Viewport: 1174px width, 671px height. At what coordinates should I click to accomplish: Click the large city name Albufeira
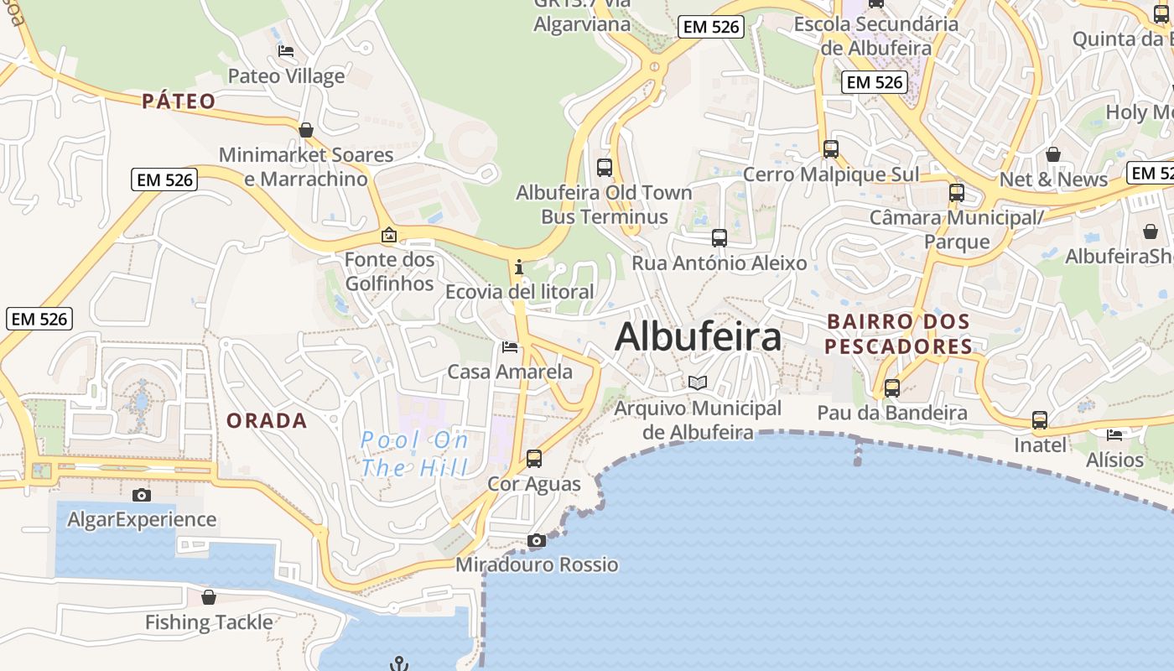(698, 337)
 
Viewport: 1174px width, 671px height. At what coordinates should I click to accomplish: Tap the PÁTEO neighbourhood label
(179, 101)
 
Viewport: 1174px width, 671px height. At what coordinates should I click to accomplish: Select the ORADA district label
(267, 421)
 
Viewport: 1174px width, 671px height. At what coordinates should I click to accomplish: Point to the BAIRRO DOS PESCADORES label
(898, 334)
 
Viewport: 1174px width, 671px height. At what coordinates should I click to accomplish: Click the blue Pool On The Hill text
(414, 454)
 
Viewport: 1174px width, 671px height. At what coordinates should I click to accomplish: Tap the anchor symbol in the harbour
(399, 663)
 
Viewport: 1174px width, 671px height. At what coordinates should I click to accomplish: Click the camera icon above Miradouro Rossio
(536, 541)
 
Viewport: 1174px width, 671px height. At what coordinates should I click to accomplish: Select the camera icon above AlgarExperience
(142, 496)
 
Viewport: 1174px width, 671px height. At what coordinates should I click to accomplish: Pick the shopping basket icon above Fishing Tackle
(209, 597)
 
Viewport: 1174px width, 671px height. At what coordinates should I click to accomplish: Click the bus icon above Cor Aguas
(534, 459)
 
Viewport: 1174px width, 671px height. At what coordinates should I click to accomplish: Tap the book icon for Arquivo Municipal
(698, 383)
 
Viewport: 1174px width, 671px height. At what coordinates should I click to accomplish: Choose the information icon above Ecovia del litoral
(519, 268)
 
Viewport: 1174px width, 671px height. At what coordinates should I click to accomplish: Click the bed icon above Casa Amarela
(510, 347)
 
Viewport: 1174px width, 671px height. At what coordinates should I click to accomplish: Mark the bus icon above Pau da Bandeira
(892, 388)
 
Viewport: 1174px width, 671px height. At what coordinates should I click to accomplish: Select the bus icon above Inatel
(1040, 420)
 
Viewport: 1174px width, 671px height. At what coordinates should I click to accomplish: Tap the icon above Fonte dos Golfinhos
(388, 236)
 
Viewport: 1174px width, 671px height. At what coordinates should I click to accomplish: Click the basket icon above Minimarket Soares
(306, 130)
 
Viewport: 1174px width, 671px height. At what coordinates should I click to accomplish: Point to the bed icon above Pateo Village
(286, 51)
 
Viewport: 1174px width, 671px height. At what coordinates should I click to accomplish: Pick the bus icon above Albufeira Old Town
(605, 167)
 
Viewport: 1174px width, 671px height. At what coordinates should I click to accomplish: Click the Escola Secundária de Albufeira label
(876, 36)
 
